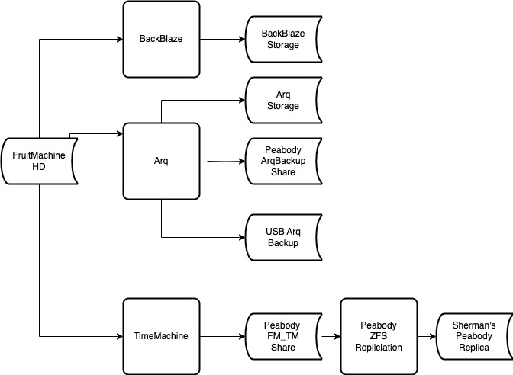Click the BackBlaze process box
click(161, 39)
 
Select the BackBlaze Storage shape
click(281, 40)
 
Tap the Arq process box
click(161, 161)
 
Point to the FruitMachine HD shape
click(39, 161)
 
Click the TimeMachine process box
click(161, 335)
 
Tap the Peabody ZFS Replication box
click(379, 335)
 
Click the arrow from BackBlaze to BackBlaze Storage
click(221, 39)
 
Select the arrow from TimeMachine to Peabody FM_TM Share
click(221, 335)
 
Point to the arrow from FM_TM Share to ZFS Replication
click(331, 335)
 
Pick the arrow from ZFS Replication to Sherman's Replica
click(427, 335)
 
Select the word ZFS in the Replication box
click(379, 335)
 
